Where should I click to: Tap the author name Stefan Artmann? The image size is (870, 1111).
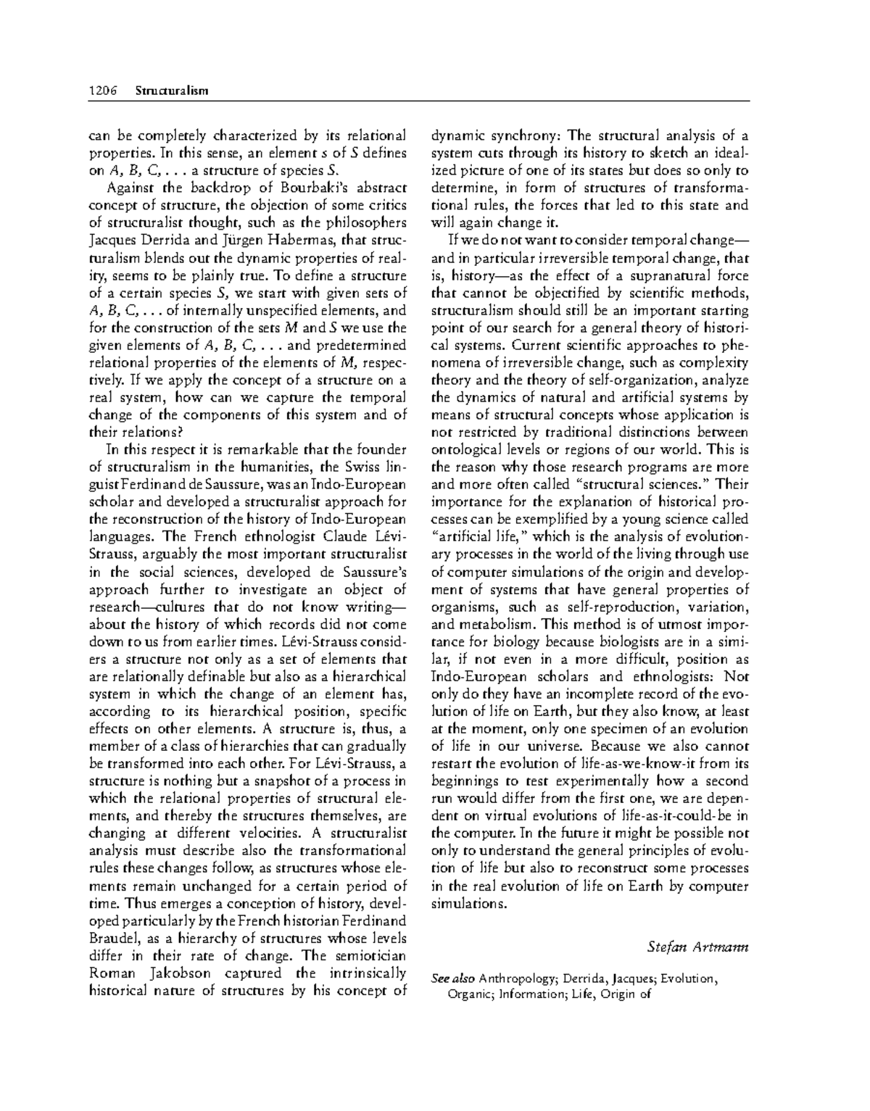click(697, 946)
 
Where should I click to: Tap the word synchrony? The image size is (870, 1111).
click(527, 136)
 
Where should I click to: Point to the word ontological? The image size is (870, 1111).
click(466, 449)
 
